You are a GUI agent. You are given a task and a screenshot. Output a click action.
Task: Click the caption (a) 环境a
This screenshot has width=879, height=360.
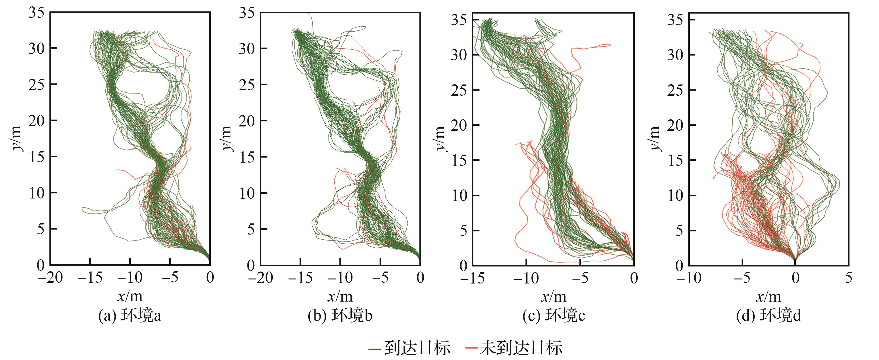(130, 316)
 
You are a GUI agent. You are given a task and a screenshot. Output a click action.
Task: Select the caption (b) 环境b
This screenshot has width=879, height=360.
(340, 316)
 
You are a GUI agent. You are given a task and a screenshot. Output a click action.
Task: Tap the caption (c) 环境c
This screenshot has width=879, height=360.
(553, 316)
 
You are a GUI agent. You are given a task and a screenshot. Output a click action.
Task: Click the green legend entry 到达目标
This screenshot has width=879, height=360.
(410, 348)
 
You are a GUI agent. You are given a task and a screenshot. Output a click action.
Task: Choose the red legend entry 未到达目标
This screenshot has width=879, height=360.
(514, 348)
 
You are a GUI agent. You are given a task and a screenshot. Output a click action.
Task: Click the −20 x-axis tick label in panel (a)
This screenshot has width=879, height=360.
(51, 278)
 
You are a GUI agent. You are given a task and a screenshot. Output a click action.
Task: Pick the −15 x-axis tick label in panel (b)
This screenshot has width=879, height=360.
(300, 278)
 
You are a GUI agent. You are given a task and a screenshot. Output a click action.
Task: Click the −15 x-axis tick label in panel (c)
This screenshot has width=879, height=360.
(472, 278)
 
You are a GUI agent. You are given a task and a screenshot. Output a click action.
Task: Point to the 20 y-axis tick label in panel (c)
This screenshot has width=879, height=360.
(459, 125)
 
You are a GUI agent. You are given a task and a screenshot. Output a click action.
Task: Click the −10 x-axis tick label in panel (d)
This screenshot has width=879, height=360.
(689, 278)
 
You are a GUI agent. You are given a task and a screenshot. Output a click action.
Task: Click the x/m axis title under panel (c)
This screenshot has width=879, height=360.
(553, 297)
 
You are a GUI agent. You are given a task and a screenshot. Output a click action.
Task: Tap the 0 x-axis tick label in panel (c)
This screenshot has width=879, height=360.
(634, 278)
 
